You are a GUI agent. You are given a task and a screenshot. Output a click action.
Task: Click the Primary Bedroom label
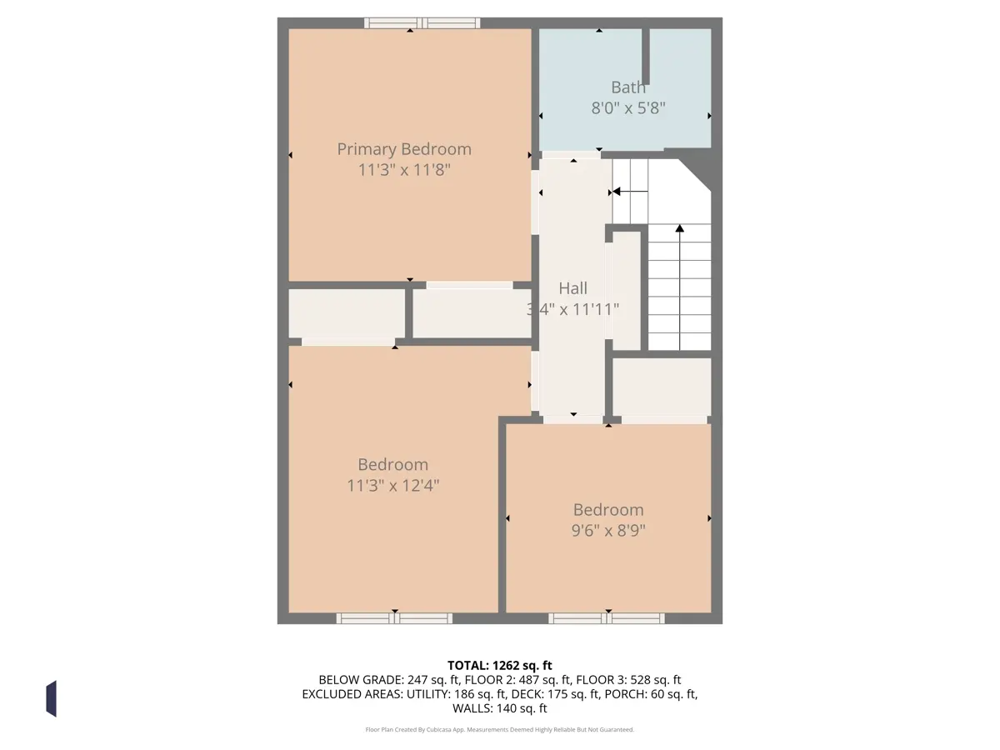(x=404, y=149)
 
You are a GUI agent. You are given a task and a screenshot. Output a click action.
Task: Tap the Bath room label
(x=628, y=87)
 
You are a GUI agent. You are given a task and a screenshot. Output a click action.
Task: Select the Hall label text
(x=572, y=288)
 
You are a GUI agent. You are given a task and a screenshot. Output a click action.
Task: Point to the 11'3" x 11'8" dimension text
(x=404, y=170)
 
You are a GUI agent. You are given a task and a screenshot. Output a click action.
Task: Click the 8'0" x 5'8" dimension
(x=628, y=108)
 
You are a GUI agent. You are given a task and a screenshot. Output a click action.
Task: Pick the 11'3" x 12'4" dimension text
(x=392, y=486)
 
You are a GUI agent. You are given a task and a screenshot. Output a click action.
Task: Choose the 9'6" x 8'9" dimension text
(x=608, y=531)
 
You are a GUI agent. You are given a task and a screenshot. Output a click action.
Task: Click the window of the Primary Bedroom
(x=422, y=22)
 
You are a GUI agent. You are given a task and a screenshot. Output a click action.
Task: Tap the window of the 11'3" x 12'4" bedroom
(x=394, y=618)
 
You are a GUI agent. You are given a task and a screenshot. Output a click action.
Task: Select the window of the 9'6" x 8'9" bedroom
(x=607, y=618)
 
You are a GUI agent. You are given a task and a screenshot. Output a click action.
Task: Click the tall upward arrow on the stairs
(x=680, y=287)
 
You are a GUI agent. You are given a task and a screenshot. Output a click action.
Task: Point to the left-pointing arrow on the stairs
(x=630, y=192)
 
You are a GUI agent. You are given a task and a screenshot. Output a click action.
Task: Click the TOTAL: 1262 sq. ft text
(x=500, y=666)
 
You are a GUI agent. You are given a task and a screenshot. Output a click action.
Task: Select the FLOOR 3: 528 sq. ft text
(x=628, y=680)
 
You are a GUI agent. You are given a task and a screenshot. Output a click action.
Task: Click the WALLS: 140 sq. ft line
(x=500, y=708)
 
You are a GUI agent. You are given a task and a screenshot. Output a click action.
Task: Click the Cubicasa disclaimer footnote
(x=500, y=729)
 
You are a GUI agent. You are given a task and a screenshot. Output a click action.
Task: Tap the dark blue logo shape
(x=52, y=699)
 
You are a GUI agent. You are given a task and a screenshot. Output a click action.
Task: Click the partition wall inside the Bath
(x=646, y=57)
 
